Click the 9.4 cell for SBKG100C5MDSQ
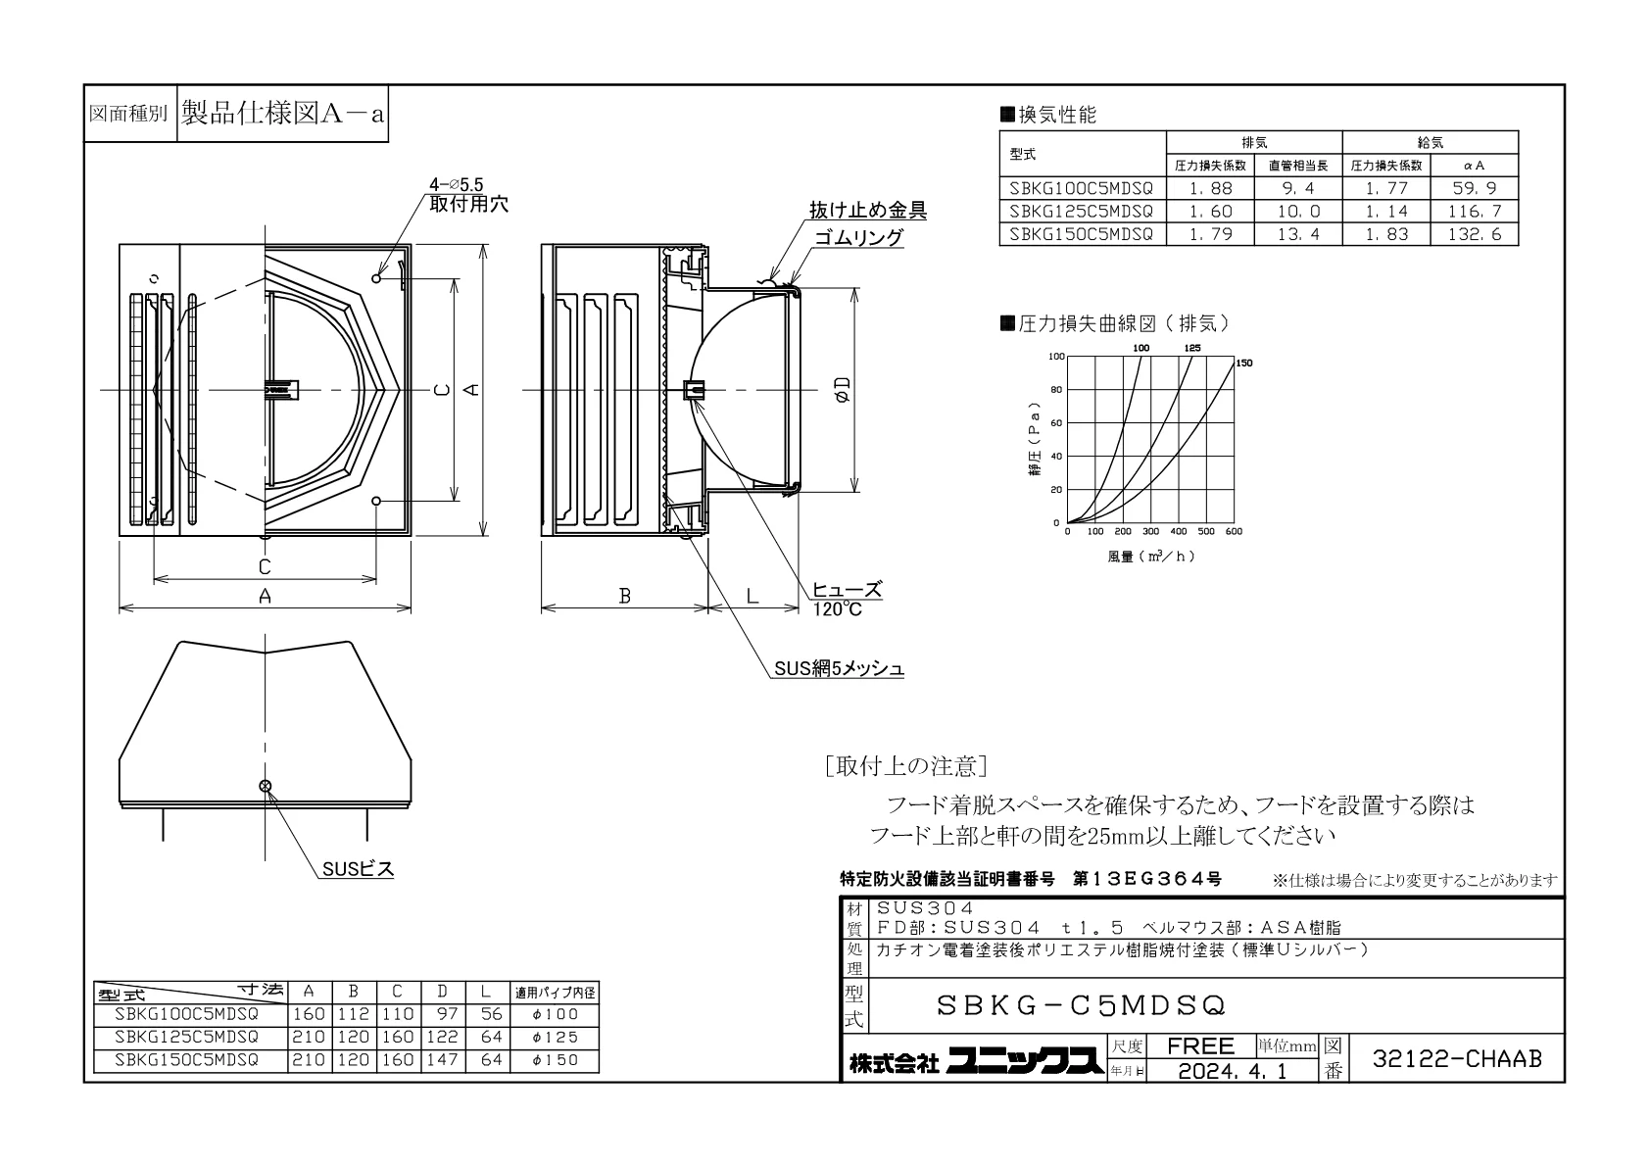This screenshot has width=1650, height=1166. click(x=1298, y=188)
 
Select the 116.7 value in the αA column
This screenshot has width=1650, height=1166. click(x=1474, y=212)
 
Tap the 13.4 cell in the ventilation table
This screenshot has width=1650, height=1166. click(x=1298, y=234)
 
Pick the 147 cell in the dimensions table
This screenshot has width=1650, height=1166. click(x=442, y=1060)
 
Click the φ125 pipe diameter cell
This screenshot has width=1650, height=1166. click(x=555, y=1037)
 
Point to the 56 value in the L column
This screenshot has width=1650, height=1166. click(x=491, y=1014)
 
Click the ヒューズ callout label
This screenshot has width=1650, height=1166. click(x=847, y=590)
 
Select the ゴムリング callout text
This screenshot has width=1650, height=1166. click(x=858, y=237)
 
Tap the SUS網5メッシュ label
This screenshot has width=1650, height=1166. click(x=839, y=668)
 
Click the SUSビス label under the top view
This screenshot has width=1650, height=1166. click(x=358, y=869)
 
